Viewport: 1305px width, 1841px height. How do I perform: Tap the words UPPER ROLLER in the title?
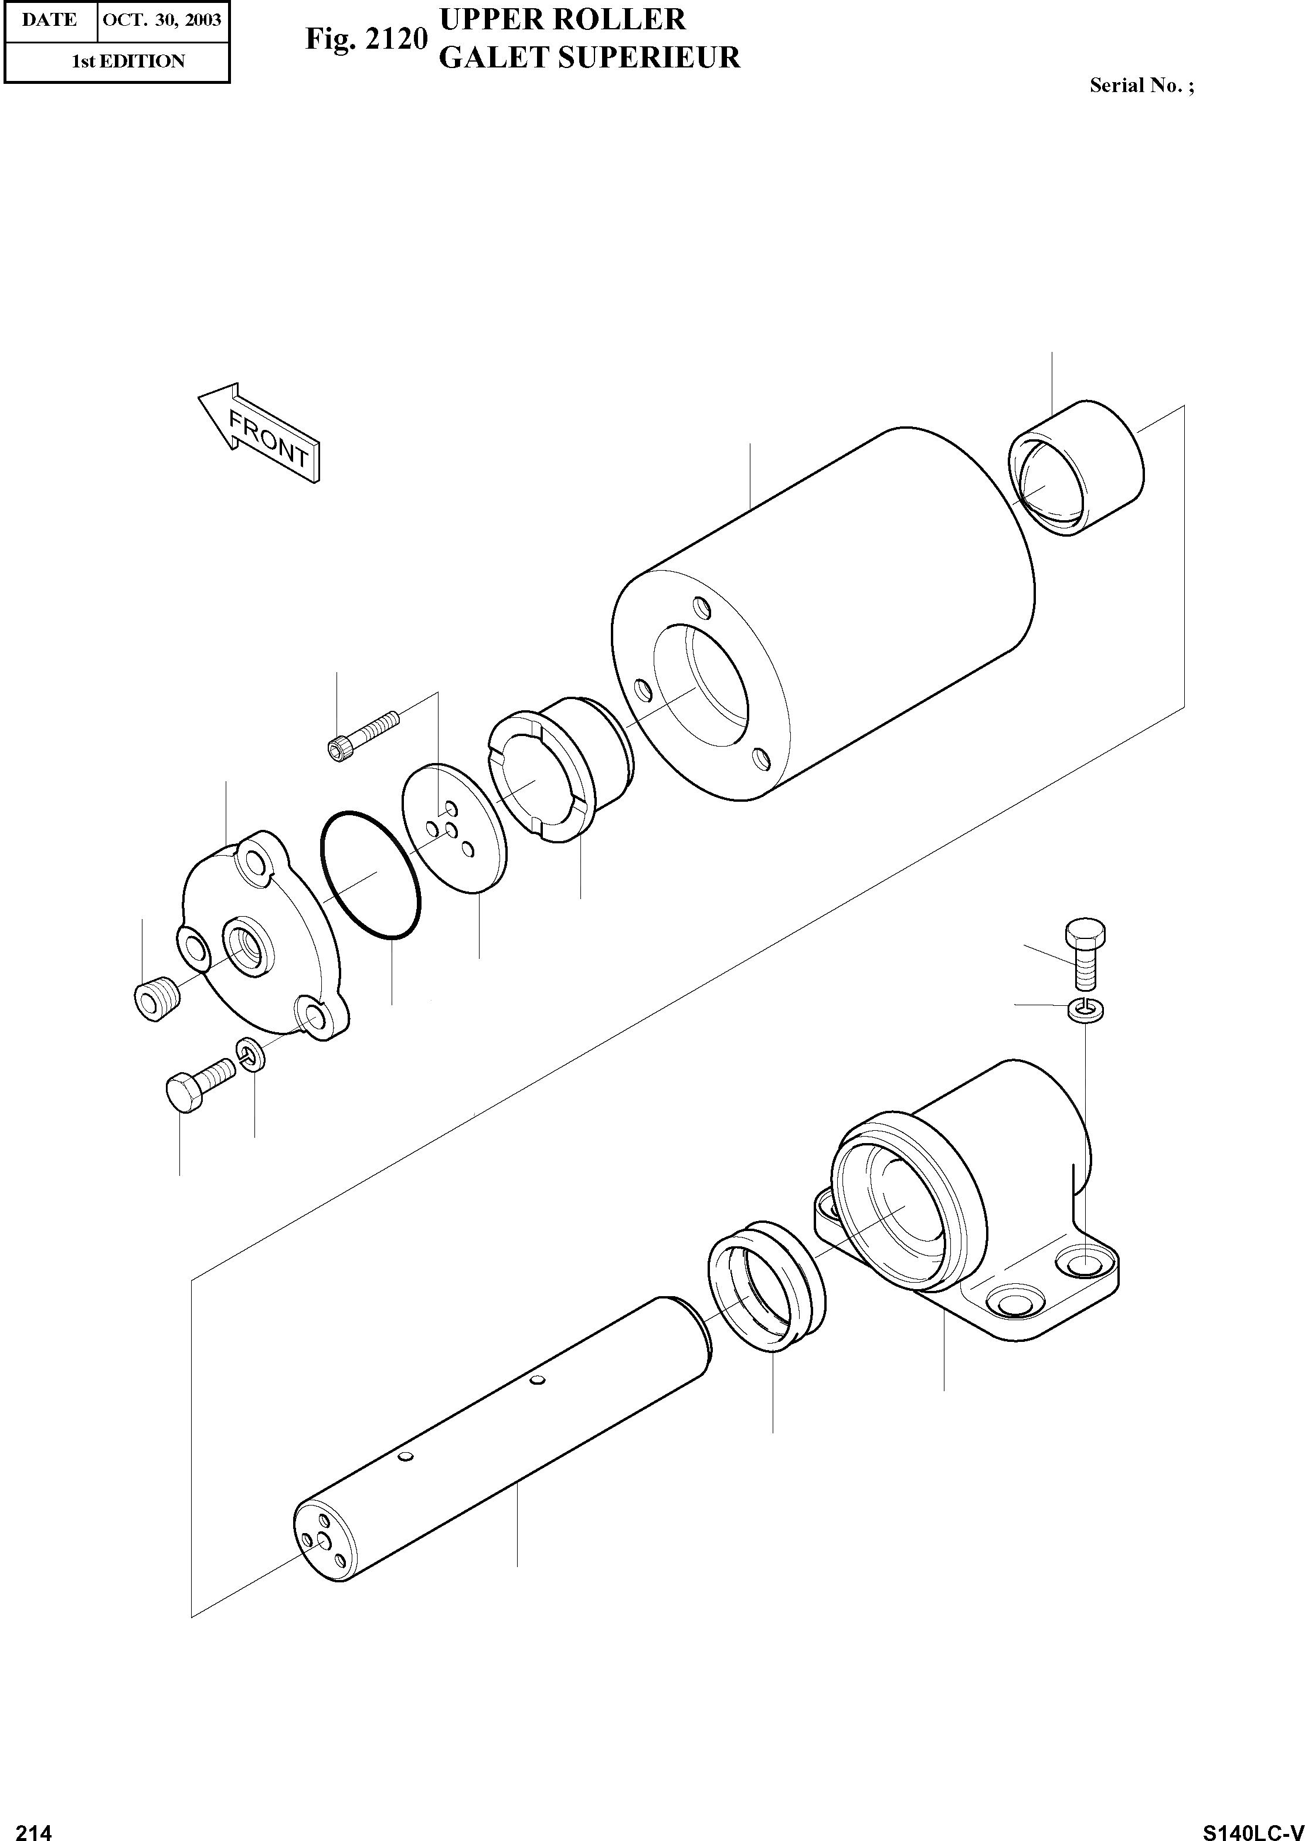562,19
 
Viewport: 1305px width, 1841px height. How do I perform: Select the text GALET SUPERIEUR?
590,58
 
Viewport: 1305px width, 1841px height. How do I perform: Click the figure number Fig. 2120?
366,39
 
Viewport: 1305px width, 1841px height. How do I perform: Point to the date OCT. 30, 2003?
162,20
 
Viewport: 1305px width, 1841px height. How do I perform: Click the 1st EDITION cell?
128,61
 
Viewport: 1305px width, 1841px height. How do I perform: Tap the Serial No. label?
1141,86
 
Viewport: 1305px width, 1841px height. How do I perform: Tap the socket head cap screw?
363,735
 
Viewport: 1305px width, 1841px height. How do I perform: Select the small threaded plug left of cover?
157,1002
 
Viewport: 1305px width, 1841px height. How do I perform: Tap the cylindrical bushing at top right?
1075,467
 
